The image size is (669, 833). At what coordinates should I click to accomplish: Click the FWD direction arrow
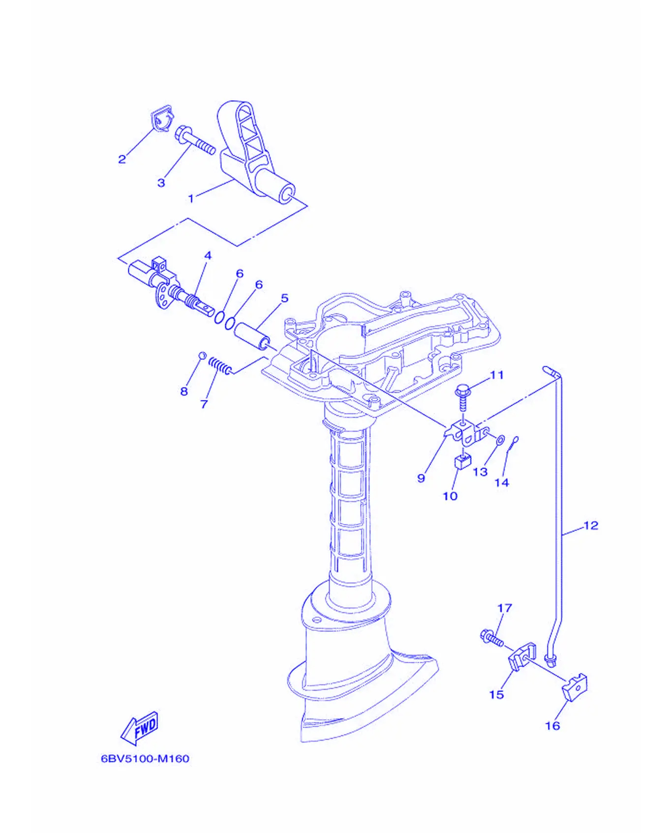[x=140, y=728]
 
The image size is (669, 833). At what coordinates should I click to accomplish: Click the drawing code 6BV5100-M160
[x=145, y=759]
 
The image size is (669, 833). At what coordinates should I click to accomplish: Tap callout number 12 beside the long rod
[x=591, y=526]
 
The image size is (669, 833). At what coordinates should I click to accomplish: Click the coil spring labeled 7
[x=220, y=366]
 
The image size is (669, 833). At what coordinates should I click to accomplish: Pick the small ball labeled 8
[x=202, y=355]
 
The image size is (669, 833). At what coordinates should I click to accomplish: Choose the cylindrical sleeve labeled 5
[x=251, y=335]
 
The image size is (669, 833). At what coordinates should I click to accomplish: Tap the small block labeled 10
[x=462, y=461]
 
